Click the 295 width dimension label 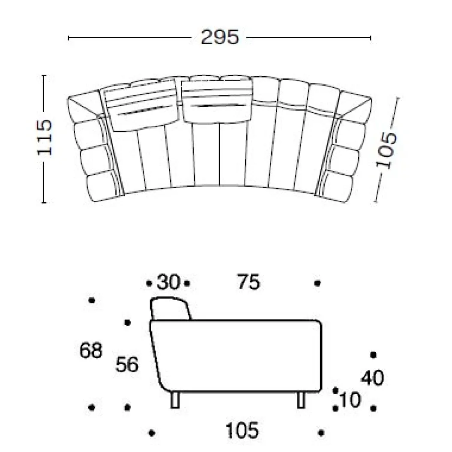[x=220, y=37]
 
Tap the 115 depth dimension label [x=45, y=137]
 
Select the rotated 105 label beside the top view [x=386, y=150]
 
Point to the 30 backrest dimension [x=168, y=282]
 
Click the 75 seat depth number [x=248, y=281]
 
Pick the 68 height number [x=91, y=350]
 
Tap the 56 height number [x=127, y=364]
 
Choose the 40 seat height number [x=373, y=377]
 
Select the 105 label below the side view [x=242, y=431]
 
